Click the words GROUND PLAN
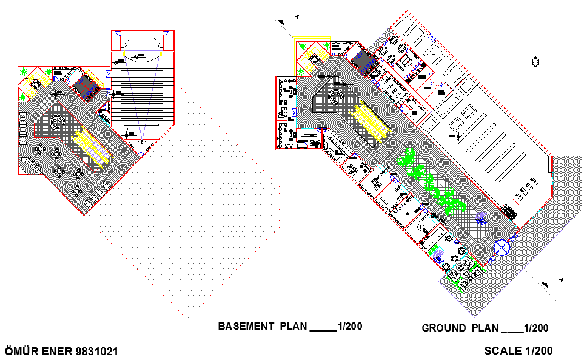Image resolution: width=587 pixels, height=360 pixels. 460,328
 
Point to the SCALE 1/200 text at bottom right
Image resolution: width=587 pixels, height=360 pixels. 518,350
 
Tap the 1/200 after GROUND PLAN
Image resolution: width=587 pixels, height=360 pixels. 536,328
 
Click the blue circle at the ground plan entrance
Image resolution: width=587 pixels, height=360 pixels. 502,248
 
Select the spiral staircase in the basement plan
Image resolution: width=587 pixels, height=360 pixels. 57,122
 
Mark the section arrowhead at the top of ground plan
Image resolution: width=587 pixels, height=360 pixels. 282,23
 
